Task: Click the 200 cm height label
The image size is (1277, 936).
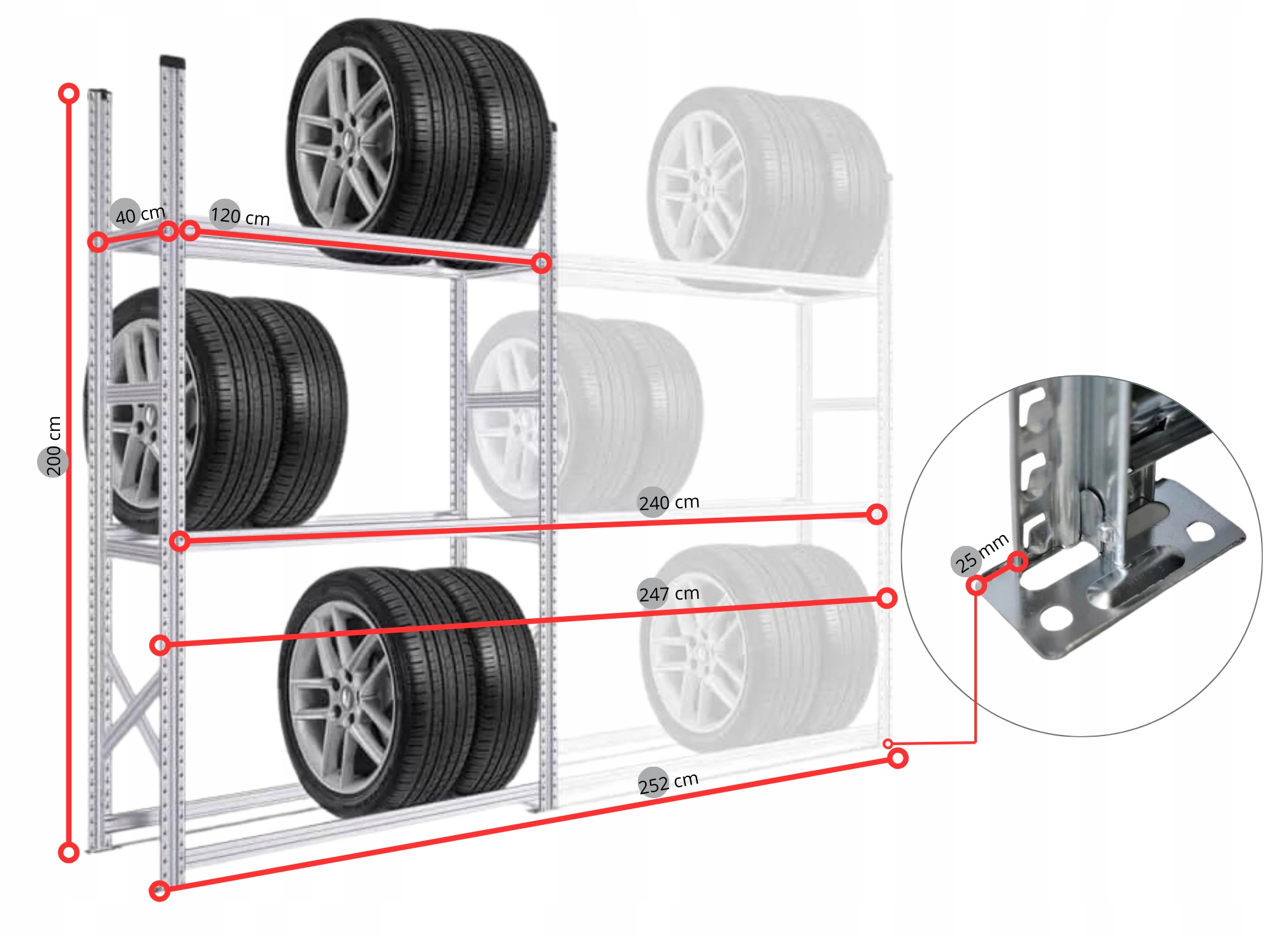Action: (53, 446)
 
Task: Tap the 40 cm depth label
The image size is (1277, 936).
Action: (139, 214)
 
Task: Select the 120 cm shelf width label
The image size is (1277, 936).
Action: (240, 216)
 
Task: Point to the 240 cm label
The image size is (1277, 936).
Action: (669, 503)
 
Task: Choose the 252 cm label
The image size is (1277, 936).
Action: (669, 782)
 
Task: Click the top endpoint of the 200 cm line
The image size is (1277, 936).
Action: (69, 94)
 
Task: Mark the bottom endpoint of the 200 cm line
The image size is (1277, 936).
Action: (69, 852)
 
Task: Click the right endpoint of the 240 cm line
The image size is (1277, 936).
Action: (877, 514)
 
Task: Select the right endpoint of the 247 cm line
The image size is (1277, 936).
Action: (887, 598)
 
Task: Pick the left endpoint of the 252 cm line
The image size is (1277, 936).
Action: (160, 891)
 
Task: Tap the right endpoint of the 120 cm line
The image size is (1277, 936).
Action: (541, 262)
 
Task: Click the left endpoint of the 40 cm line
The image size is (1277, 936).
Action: (98, 242)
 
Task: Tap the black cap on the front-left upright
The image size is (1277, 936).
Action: (172, 61)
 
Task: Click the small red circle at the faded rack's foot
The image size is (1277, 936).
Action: (888, 744)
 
